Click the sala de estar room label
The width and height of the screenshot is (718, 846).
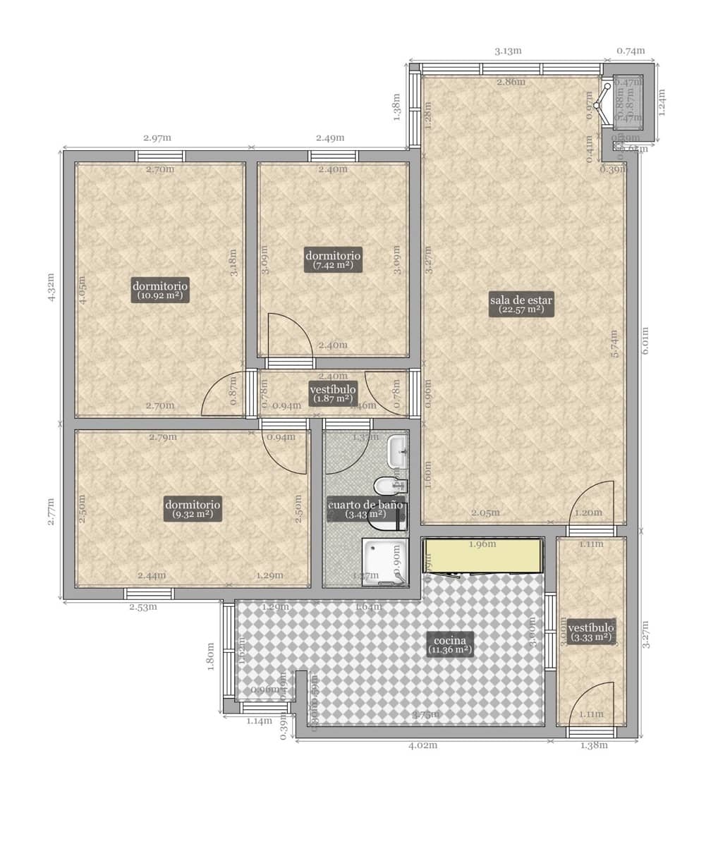[x=522, y=304]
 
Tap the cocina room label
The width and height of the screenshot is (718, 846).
[x=449, y=645]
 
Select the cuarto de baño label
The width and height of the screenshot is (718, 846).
[x=365, y=510]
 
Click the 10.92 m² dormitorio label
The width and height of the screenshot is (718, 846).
[x=160, y=290]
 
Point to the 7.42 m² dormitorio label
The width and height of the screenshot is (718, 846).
[x=333, y=259]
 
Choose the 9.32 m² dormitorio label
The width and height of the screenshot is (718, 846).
[x=193, y=509]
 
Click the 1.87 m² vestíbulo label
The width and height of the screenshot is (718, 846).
[x=333, y=393]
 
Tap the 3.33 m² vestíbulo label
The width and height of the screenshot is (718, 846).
[x=591, y=632]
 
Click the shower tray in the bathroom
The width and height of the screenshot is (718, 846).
[x=384, y=562]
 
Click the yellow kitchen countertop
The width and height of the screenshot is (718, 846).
[x=483, y=556]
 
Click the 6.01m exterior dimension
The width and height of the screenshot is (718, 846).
[x=645, y=341]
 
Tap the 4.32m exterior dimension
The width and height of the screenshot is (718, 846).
[x=51, y=288]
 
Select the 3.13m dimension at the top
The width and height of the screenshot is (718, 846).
[x=507, y=51]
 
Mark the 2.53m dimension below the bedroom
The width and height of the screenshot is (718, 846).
[x=142, y=607]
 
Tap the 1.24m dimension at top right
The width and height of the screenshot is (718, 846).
[x=662, y=102]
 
